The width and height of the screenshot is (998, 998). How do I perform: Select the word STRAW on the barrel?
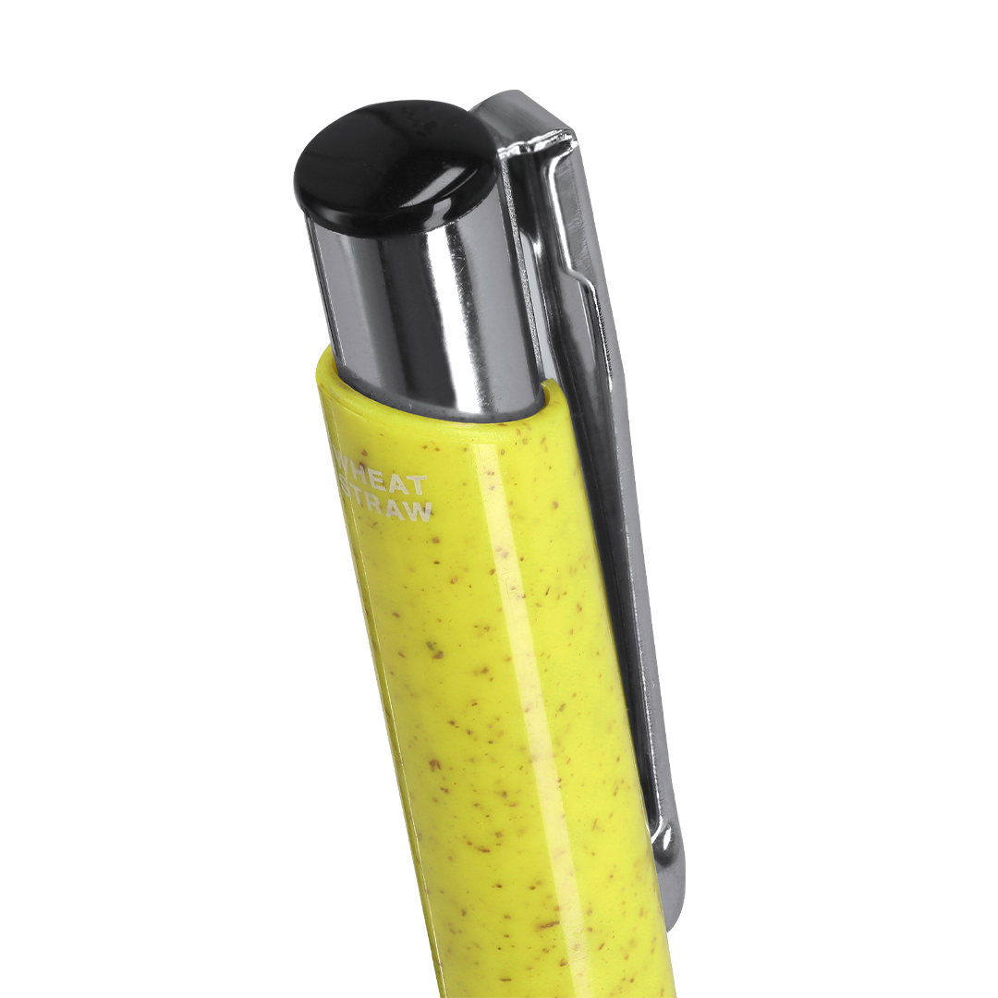(x=387, y=508)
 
